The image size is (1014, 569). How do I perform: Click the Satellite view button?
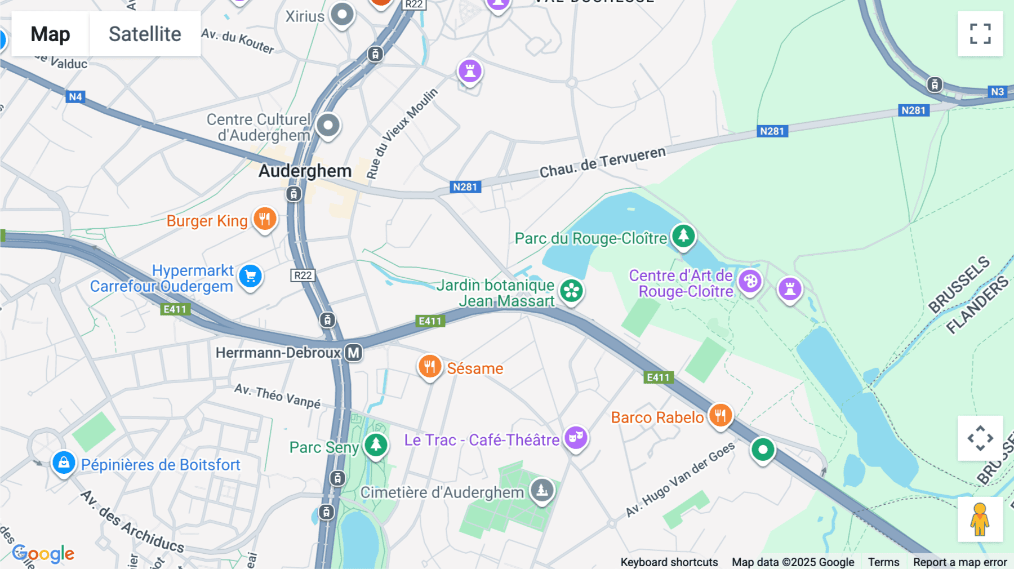(145, 34)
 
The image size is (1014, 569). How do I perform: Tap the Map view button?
(50, 34)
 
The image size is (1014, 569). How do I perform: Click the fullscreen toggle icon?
(980, 34)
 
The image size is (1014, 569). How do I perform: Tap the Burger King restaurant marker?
(264, 219)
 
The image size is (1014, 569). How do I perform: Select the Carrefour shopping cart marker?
(251, 276)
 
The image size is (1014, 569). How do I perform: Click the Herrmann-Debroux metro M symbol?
(353, 353)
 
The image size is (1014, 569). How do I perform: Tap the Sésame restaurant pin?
(429, 367)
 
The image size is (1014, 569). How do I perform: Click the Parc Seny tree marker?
(376, 445)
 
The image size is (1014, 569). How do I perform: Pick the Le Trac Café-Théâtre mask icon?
(576, 437)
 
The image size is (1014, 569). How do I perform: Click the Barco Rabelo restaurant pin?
(720, 416)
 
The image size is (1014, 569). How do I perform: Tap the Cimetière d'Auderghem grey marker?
(542, 490)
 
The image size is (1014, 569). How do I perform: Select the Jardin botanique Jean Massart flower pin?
(571, 291)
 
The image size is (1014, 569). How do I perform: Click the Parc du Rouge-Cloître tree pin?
(683, 235)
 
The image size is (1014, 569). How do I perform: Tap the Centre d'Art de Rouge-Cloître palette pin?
(750, 281)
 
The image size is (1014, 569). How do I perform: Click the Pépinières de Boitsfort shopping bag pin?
(64, 463)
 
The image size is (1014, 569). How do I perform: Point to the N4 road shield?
(75, 97)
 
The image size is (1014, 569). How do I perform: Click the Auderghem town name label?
(305, 171)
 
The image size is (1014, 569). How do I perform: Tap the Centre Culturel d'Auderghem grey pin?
(328, 125)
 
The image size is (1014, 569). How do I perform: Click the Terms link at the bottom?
(883, 562)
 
